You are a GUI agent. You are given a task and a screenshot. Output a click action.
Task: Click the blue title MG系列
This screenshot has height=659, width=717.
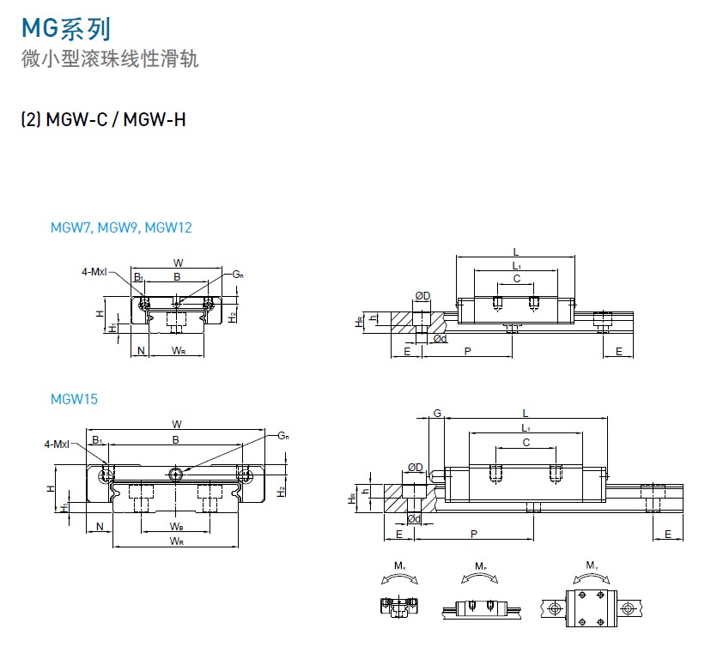pos(65,29)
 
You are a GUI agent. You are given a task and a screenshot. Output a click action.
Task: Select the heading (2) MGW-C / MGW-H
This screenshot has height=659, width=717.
pos(103,119)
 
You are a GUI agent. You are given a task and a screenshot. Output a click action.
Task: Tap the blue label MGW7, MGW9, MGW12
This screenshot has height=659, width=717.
pos(121,227)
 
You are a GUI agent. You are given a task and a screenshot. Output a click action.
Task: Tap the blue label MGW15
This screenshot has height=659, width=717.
pos(74,399)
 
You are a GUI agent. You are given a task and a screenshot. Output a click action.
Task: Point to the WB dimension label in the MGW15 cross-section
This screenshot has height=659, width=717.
pos(176,526)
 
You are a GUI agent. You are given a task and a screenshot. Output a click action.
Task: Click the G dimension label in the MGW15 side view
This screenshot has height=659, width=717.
pos(437,414)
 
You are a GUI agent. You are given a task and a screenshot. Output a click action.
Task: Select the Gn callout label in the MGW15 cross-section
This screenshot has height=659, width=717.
pos(283,436)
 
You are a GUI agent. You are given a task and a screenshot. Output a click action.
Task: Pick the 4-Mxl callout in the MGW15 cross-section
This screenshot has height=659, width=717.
pos(58,444)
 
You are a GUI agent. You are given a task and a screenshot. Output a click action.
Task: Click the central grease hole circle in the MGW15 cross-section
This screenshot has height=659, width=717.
pos(176,474)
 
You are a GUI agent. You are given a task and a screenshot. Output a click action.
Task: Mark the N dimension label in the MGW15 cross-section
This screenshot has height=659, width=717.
pos(100,526)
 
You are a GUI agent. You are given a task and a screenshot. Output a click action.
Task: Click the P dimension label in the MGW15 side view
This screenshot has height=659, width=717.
pos(475,534)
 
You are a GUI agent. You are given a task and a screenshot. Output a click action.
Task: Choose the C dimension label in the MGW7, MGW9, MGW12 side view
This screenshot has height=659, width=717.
pos(516,279)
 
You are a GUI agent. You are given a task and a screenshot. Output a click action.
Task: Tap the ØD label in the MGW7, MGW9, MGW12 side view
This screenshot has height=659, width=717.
pos(422,296)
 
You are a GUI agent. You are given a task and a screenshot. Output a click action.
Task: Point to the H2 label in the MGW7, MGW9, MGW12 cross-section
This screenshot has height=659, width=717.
pos(233,317)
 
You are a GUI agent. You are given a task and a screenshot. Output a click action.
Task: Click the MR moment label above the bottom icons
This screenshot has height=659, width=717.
pos(399,565)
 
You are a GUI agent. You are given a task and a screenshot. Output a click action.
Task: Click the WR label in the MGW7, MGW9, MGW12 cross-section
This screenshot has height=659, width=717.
pos(179,350)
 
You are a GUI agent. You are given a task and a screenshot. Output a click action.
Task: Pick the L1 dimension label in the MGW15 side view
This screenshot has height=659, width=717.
pos(526,427)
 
